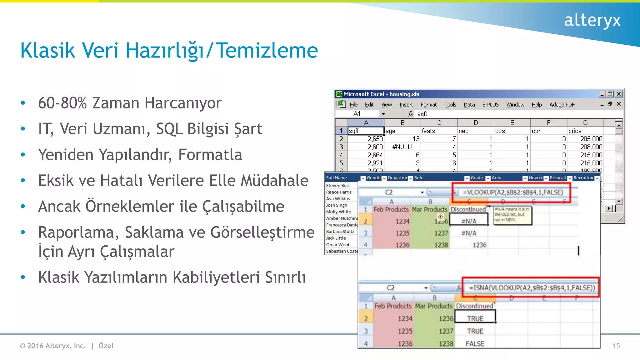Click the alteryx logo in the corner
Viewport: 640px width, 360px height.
(592, 21)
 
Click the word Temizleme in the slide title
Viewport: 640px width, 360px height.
(267, 51)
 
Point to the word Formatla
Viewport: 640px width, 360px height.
(210, 155)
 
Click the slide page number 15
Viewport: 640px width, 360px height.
(616, 346)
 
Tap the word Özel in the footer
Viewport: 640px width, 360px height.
(106, 346)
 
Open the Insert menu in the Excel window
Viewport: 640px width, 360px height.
(406, 105)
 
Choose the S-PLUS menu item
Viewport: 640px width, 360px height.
(490, 105)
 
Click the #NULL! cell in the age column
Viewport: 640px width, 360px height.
(402, 147)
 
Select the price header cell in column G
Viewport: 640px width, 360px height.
(575, 131)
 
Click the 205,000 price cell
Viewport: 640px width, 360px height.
(591, 139)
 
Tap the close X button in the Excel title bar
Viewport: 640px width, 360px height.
(618, 94)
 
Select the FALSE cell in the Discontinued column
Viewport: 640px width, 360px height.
(475, 344)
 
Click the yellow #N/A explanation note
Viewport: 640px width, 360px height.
(512, 215)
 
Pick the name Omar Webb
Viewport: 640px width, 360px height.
(338, 245)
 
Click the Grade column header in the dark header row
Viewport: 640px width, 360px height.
(477, 178)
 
